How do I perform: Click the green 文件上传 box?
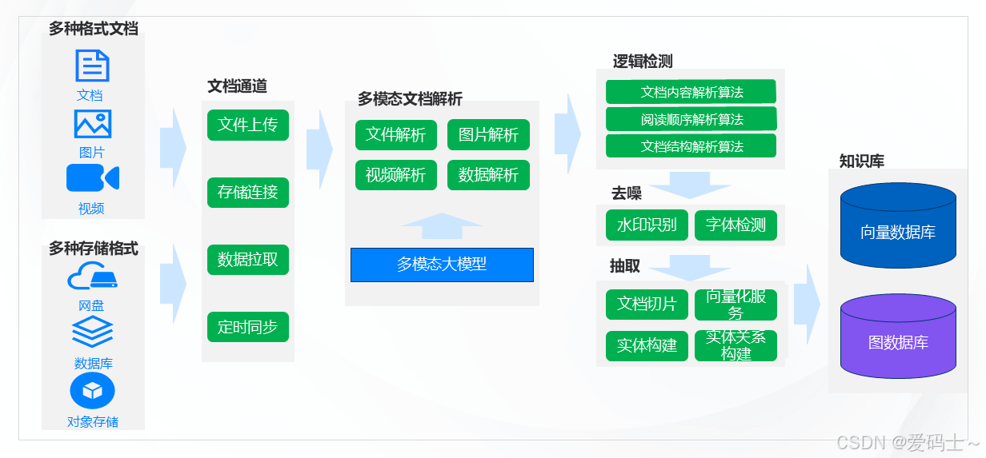[x=247, y=125]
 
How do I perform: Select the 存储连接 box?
[x=247, y=192]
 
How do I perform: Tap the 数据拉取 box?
[x=247, y=260]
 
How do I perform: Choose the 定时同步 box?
[x=247, y=327]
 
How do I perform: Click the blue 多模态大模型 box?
[x=442, y=265]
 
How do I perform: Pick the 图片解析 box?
[x=488, y=134]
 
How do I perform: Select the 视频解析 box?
[x=396, y=175]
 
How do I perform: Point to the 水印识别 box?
[x=647, y=225]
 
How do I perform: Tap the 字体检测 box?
[x=735, y=225]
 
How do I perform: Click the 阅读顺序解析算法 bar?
[x=691, y=119]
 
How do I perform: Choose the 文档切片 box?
[x=647, y=304]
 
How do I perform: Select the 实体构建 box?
[x=647, y=345]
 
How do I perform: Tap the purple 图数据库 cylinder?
[x=898, y=337]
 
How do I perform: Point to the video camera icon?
[x=92, y=177]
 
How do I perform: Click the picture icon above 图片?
[x=92, y=124]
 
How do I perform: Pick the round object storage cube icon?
[x=93, y=391]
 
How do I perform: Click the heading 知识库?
[x=861, y=161]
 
